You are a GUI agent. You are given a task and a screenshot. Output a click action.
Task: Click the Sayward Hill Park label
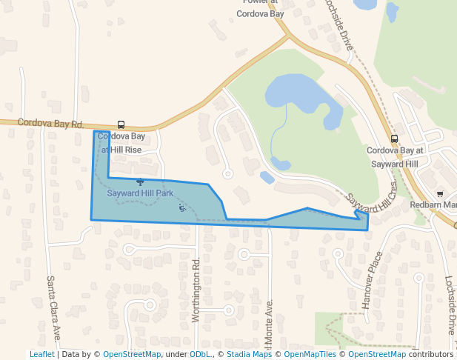tap(140, 193)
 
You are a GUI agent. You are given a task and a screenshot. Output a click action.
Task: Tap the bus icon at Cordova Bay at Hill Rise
tap(121, 125)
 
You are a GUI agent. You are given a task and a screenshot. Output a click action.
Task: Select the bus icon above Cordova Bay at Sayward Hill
tap(394, 139)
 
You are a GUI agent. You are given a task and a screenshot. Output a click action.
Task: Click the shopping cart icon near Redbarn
tap(440, 193)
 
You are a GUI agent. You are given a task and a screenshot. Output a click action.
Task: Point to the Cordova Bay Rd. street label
tap(51, 123)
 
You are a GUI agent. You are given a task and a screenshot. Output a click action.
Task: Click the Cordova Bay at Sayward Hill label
tap(393, 157)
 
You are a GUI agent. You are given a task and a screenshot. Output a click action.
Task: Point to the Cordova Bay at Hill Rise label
tap(121, 143)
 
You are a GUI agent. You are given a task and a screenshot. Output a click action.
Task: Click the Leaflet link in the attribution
tap(41, 354)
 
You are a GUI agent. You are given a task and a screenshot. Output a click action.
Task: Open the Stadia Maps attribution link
tap(249, 354)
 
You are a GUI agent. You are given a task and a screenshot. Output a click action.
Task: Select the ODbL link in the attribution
tap(200, 354)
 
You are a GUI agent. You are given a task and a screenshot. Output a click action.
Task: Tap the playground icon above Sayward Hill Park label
tap(140, 181)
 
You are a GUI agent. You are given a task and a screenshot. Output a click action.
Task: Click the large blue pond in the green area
tap(296, 93)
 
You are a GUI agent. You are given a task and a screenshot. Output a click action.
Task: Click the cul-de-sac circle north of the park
tap(228, 174)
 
